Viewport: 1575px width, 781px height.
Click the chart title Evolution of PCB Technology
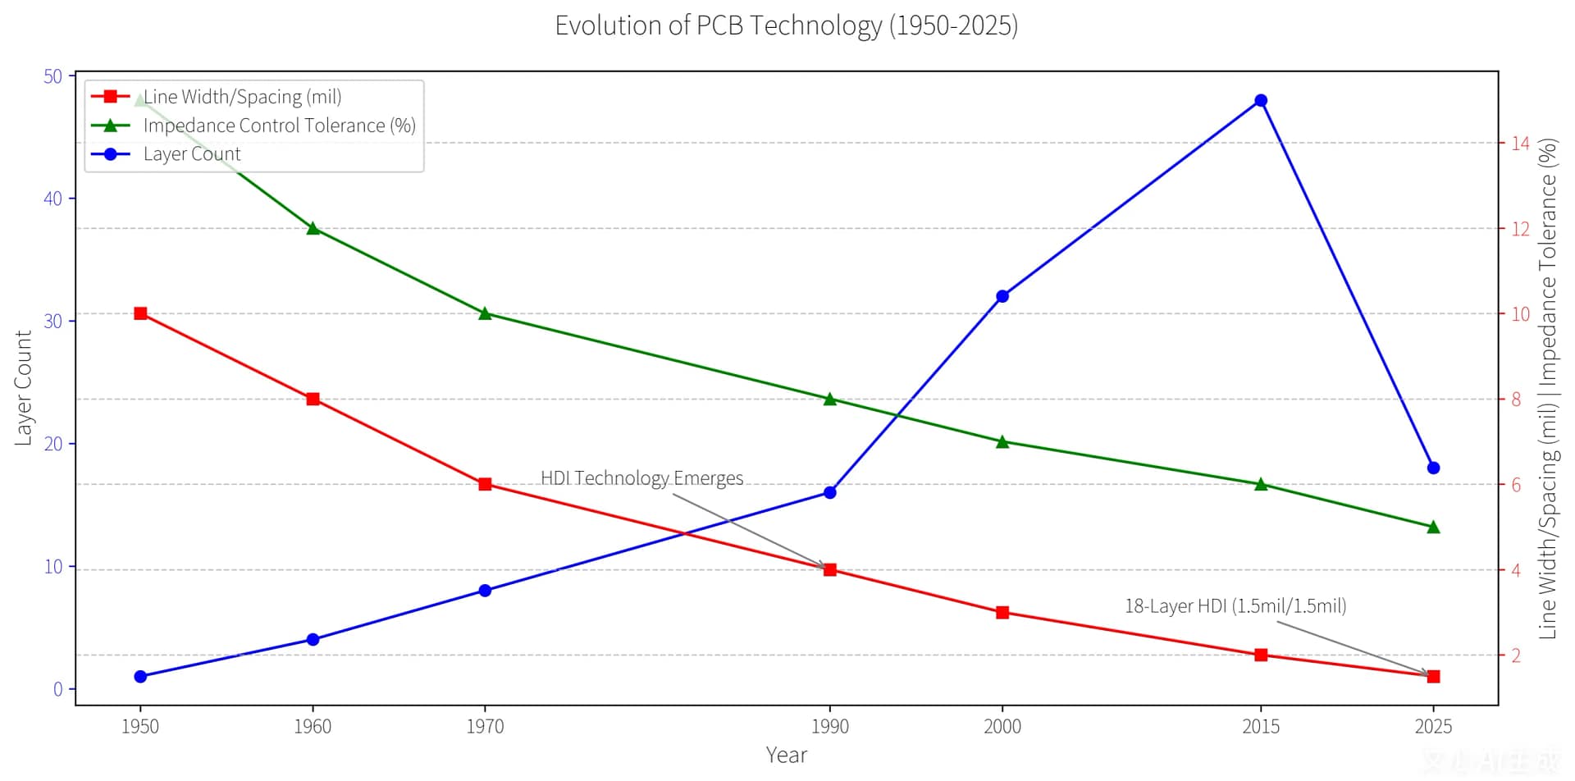[x=786, y=25]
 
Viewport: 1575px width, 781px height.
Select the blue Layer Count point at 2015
[x=1261, y=100]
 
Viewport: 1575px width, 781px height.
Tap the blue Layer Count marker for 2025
[x=1433, y=468]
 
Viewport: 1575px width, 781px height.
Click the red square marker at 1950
[x=140, y=313]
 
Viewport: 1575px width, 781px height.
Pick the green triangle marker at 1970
[x=485, y=313]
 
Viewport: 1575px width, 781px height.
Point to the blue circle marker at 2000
[x=1002, y=296]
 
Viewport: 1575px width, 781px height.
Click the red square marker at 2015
[x=1261, y=655]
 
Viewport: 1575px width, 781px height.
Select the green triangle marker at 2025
[x=1433, y=527]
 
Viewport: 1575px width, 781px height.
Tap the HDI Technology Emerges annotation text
[x=641, y=477]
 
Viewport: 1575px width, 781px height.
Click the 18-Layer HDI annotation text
[x=1235, y=605]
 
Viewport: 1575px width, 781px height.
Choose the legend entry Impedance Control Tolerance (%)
[x=279, y=126]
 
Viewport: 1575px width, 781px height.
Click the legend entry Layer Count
[x=192, y=154]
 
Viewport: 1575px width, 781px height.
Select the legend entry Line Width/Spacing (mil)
[x=242, y=97]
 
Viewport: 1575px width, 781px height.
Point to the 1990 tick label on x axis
[x=829, y=726]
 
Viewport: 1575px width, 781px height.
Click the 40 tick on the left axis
[x=52, y=199]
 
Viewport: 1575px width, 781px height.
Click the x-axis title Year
[x=786, y=755]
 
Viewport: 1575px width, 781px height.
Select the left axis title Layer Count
[x=23, y=387]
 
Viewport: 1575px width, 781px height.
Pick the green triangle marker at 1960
[x=313, y=228]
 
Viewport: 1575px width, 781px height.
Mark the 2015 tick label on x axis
[x=1261, y=726]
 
